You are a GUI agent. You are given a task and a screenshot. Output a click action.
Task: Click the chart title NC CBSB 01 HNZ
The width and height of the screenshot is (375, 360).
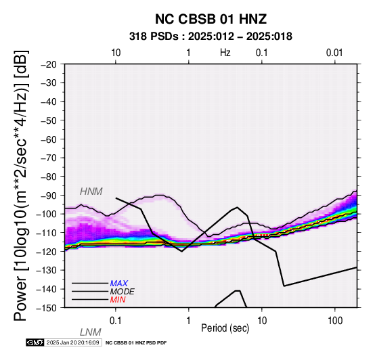pos(211,19)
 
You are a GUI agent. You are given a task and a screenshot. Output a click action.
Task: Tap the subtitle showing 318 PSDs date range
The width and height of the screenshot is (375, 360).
pos(211,37)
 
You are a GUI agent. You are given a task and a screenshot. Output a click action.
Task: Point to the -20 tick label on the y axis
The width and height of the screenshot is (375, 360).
pos(49,64)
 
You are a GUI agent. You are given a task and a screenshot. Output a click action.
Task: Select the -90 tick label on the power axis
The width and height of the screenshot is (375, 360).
pos(49,196)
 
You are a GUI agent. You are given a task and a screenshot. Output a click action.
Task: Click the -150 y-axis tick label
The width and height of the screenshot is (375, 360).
pos(47,308)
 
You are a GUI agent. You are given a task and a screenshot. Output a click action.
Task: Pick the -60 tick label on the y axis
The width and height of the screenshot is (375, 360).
pos(49,139)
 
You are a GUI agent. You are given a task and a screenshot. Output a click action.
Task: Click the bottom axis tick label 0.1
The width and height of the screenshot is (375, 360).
pos(115,321)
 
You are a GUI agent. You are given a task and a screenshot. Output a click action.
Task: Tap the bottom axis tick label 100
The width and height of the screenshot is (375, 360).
pos(335,321)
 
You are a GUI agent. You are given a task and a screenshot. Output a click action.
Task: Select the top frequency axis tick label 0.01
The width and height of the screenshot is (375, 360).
pos(334,53)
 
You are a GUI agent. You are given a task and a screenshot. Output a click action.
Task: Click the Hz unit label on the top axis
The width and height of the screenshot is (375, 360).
pos(225,53)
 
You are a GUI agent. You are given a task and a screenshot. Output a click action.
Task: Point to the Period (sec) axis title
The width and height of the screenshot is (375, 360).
pos(225,328)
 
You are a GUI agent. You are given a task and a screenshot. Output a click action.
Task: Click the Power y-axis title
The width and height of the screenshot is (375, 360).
pos(21,185)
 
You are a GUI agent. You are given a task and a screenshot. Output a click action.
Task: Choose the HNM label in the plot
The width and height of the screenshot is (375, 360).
pos(91,192)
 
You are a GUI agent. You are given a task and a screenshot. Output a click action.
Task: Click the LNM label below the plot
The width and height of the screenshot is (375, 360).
pos(91,332)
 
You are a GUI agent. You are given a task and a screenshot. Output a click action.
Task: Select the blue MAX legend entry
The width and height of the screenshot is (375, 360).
pos(119,284)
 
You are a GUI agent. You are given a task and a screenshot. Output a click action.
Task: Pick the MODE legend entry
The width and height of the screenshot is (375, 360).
pos(123,292)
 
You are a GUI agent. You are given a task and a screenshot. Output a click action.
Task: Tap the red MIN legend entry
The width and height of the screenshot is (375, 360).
pos(118,300)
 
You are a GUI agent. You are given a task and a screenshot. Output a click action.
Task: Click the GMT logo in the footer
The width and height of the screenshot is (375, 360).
pos(35,342)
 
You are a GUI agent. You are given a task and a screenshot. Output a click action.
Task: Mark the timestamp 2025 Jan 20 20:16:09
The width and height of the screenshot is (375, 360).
pos(72,342)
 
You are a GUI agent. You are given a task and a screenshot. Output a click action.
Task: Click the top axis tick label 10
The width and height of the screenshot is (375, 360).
pos(116,53)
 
